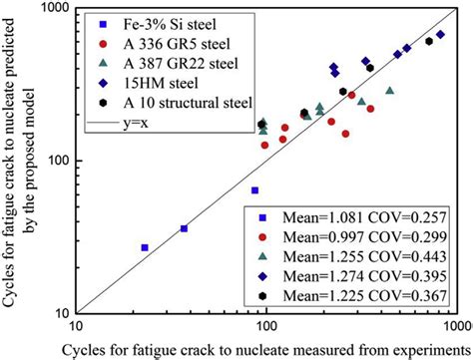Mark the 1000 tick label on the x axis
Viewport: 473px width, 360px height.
point(456,324)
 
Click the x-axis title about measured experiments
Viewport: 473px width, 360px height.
point(265,349)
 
